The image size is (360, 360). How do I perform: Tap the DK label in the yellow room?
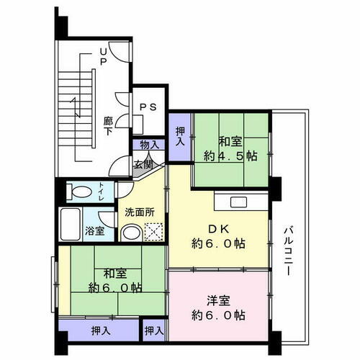pyautogui.click(x=219, y=228)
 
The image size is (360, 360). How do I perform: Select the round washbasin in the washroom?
pyautogui.click(x=130, y=233)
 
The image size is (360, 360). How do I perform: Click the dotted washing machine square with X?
pyautogui.click(x=154, y=232)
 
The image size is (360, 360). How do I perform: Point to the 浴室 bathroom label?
pyautogui.click(x=96, y=232)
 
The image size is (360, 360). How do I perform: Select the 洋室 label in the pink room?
pyautogui.click(x=219, y=299)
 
